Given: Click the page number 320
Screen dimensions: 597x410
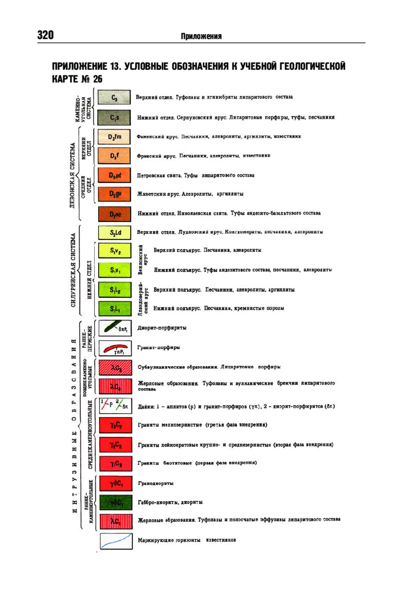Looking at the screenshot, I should coord(45,35).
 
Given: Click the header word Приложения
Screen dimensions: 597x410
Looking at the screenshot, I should coord(201,36).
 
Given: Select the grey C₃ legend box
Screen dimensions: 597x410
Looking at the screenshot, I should coord(114,97).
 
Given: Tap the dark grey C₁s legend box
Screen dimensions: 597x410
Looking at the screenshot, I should coord(114,118).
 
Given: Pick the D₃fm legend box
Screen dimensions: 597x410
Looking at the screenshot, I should coord(114,137).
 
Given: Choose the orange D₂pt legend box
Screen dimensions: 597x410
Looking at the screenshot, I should coord(114,175).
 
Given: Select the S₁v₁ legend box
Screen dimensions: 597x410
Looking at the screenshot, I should coord(115,270).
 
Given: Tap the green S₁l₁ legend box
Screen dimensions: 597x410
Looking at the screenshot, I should coord(115,309).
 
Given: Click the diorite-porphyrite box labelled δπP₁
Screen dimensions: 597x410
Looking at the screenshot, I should coord(115,328).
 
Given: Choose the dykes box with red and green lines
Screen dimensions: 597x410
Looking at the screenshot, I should coord(115,406).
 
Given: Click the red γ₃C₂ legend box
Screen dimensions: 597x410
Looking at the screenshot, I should coord(115,425).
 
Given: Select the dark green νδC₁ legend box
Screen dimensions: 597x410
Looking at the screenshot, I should coord(116,502).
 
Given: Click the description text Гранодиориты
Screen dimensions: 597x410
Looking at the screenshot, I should coord(155,483).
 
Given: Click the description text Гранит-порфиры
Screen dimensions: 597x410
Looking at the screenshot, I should coord(159,348).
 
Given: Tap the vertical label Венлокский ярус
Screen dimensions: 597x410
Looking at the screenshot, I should coord(142,260).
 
